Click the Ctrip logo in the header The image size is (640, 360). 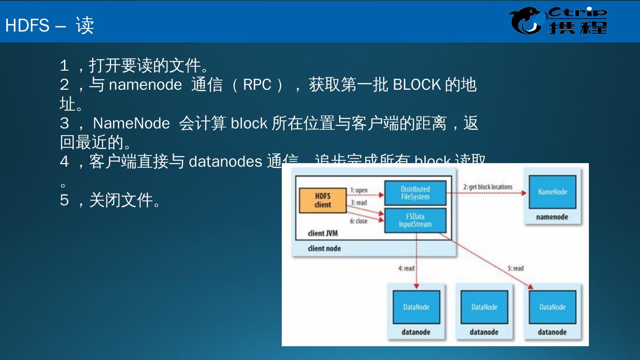(558, 21)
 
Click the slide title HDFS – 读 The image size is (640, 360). (49, 25)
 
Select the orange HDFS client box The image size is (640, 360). (323, 200)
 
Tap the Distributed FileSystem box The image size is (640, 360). (415, 193)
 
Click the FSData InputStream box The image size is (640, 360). (415, 220)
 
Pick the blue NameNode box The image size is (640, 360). (552, 192)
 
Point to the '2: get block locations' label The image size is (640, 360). (488, 187)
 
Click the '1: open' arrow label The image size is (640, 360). (359, 190)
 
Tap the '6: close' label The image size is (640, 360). (358, 221)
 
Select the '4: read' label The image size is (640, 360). (406, 268)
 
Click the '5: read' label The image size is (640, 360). (516, 268)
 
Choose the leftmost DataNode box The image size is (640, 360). (416, 307)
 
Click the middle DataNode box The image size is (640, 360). (484, 307)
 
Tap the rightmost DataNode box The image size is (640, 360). (552, 307)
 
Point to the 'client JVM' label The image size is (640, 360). (323, 233)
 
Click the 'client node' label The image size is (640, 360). (324, 248)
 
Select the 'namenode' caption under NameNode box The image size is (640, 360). (552, 217)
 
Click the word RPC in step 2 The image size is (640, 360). (257, 84)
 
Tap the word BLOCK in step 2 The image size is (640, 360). (417, 84)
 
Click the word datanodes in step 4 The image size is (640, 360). (225, 161)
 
